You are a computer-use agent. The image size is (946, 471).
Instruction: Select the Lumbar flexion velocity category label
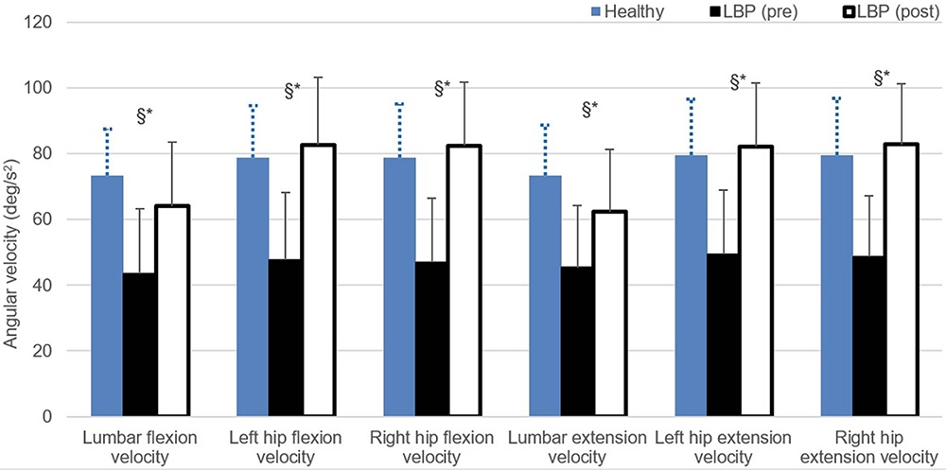click(140, 447)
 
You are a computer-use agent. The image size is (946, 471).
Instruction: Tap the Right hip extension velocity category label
click(869, 447)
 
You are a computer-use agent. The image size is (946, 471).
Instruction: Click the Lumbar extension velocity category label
click(577, 447)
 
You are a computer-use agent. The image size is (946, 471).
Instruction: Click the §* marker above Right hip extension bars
click(880, 78)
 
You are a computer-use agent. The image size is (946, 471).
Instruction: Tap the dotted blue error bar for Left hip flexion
click(254, 131)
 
